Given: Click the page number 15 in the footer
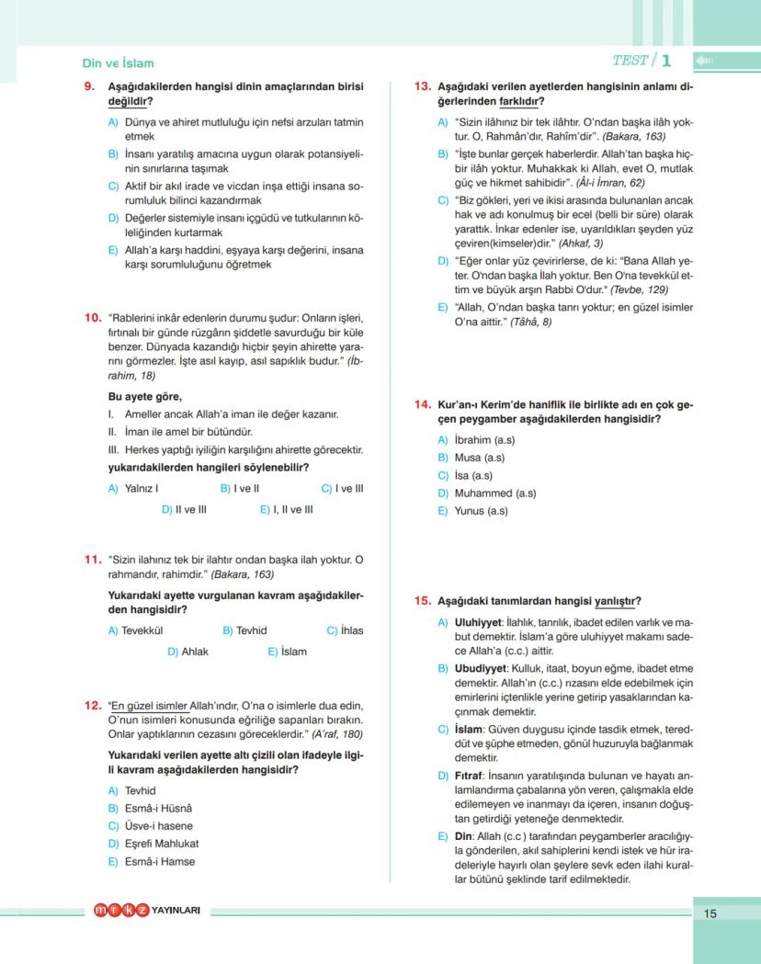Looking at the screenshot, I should [710, 913].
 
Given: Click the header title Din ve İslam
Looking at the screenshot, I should [118, 63].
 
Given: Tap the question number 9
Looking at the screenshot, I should [90, 86].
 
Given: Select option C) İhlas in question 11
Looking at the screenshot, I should [346, 630].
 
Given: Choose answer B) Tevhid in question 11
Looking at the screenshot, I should [245, 630].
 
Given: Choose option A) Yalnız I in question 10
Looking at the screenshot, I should [134, 489].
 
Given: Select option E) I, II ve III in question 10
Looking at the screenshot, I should [287, 509].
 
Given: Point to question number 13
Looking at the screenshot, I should [423, 86].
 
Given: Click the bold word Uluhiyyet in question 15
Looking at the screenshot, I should [479, 622].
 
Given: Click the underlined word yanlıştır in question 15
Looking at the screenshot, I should [618, 601].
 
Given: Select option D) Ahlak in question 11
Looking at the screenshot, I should [188, 652].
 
